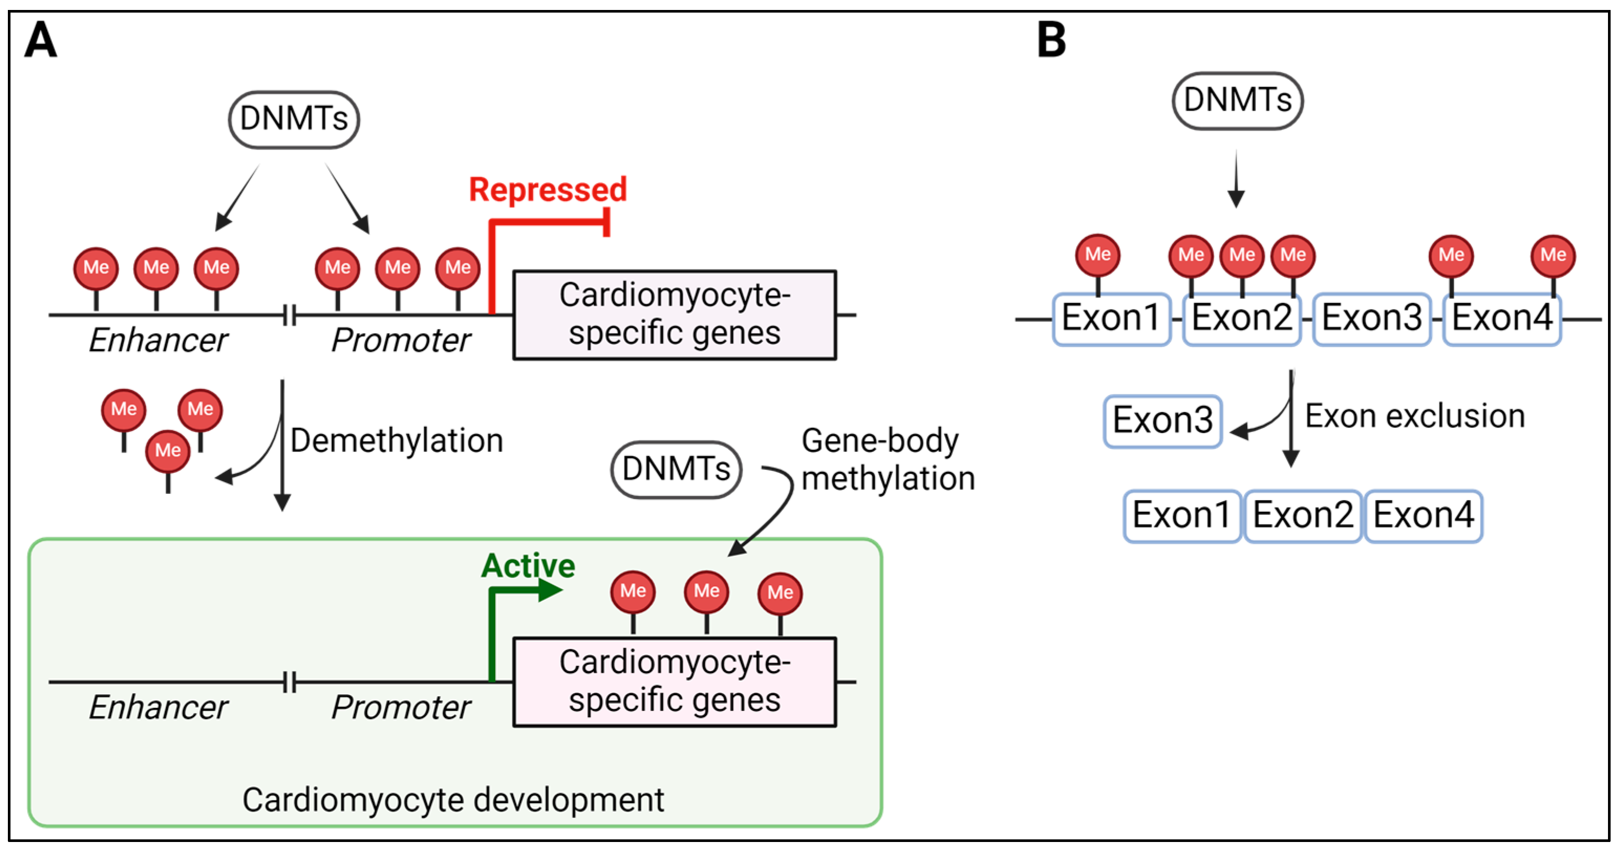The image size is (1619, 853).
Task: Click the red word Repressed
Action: pos(548,190)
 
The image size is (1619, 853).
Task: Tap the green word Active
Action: pos(528,565)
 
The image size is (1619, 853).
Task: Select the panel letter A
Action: pos(40,40)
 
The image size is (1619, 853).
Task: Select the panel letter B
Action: pos(1051,40)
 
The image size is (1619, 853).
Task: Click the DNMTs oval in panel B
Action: pos(1237,101)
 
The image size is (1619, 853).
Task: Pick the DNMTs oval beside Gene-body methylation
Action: pos(676,469)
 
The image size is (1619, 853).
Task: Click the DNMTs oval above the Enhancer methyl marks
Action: pos(294,120)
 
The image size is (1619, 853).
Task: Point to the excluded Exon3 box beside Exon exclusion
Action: pos(1162,421)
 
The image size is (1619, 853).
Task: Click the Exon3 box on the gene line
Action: pos(1371,318)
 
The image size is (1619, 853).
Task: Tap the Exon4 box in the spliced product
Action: pos(1423,516)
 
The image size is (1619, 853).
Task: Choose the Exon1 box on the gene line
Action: pos(1111,318)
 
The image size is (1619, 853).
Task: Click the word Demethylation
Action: pos(396,441)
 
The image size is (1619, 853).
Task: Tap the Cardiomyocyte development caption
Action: pos(453,800)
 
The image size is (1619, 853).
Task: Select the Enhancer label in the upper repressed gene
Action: pos(158,340)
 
